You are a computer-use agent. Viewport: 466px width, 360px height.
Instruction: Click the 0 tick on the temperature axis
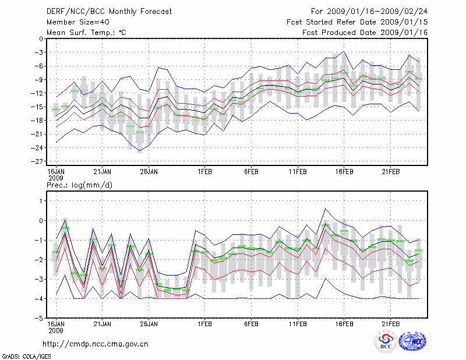tap(41, 38)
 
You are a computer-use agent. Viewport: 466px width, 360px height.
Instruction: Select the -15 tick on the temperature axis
tap(38, 107)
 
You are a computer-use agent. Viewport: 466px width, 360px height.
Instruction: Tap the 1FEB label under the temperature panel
tap(204, 172)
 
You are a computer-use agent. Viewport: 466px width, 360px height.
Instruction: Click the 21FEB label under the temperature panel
tap(391, 172)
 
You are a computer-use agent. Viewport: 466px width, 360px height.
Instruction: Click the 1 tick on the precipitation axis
tap(41, 200)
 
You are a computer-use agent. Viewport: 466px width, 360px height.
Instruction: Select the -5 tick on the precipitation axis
tap(39, 319)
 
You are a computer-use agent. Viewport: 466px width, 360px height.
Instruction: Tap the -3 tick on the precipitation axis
tap(39, 279)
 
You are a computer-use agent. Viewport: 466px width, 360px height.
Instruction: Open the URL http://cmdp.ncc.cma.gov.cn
tap(95, 344)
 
